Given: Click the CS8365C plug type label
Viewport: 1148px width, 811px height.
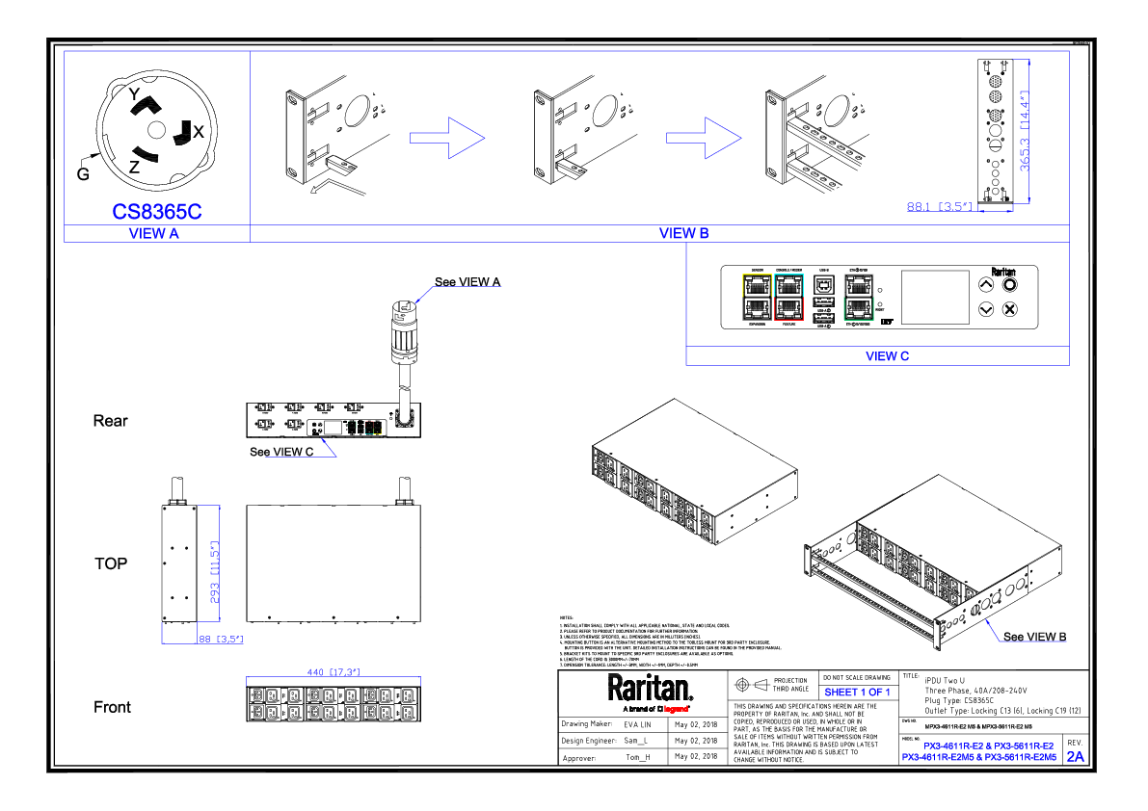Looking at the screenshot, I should pyautogui.click(x=156, y=212).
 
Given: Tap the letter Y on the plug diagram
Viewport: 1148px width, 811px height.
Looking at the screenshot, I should pyautogui.click(x=134, y=93).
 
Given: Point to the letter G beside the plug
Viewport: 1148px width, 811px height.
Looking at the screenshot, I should pyautogui.click(x=83, y=173).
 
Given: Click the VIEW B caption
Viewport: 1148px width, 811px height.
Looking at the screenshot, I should pyautogui.click(x=683, y=233).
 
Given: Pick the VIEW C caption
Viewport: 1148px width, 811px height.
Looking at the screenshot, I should pyautogui.click(x=887, y=356).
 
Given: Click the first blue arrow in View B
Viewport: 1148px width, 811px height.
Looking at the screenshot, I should pyautogui.click(x=446, y=138).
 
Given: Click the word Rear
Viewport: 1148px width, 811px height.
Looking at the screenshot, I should pyautogui.click(x=110, y=421).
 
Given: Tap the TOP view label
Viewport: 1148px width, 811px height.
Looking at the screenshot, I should pyautogui.click(x=111, y=563).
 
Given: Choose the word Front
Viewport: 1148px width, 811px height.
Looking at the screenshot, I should pyautogui.click(x=112, y=707).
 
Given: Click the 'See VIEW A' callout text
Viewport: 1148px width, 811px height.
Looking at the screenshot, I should pyautogui.click(x=467, y=282).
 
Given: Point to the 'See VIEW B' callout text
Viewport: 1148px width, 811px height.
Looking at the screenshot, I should pyautogui.click(x=1034, y=637).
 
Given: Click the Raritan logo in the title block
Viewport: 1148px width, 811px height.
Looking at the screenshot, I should pyautogui.click(x=650, y=689).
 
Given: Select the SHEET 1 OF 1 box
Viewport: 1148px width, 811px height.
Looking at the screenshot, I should pyautogui.click(x=857, y=693).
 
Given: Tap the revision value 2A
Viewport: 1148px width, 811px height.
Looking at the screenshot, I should pyautogui.click(x=1075, y=757).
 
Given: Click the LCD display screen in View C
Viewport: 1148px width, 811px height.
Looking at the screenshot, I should pyautogui.click(x=934, y=297).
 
